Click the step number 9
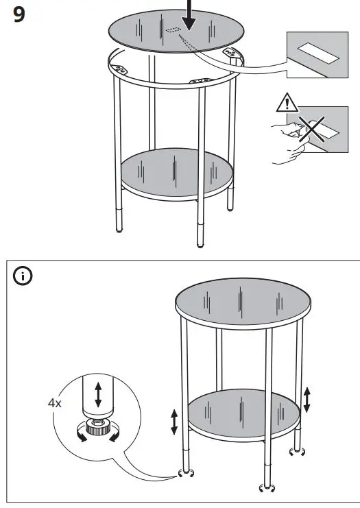coord(21,14)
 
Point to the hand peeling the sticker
coord(286,141)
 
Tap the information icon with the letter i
coord(23,277)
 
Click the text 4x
coord(54,403)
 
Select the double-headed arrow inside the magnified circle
coord(98,395)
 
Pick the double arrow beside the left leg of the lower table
coord(174,421)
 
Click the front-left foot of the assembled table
coord(184,473)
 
